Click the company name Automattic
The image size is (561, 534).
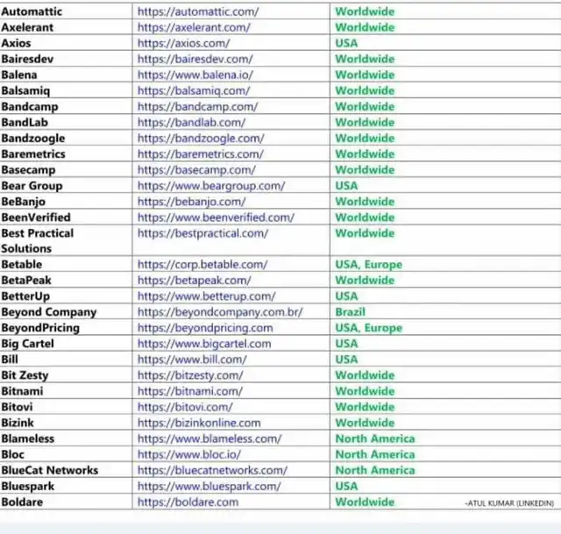(x=32, y=11)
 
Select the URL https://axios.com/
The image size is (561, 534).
(x=183, y=43)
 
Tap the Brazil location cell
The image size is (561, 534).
(x=350, y=312)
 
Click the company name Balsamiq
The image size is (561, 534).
(x=27, y=90)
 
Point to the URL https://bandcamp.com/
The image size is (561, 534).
(x=195, y=106)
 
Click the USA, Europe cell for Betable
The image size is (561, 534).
(x=368, y=264)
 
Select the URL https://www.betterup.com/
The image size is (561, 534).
(x=206, y=296)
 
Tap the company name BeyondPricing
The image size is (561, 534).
(x=40, y=328)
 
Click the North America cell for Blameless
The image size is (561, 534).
(x=374, y=438)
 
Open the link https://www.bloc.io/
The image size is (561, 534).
(x=188, y=454)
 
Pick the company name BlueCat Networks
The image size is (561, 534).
(x=49, y=470)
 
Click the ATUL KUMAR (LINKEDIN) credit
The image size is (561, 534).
(x=509, y=503)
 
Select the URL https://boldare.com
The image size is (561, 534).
(x=188, y=502)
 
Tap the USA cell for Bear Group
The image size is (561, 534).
(x=346, y=186)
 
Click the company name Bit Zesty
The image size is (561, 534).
(x=25, y=375)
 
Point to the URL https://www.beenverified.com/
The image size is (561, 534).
(x=216, y=217)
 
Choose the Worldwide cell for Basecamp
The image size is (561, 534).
(x=365, y=169)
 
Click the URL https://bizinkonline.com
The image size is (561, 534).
(x=199, y=423)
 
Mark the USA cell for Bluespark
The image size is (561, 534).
(x=346, y=486)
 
